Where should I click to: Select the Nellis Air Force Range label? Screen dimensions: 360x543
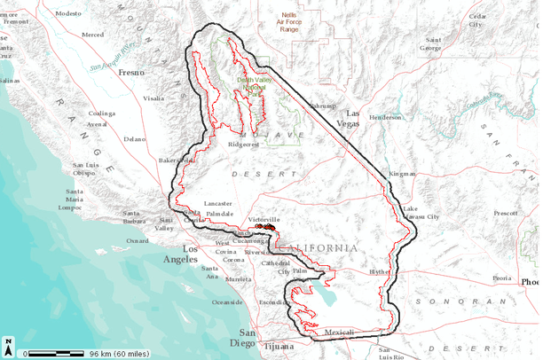(x=289, y=21)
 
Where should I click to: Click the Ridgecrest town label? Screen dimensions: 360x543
(x=244, y=143)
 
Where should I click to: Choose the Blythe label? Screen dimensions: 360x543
(x=379, y=271)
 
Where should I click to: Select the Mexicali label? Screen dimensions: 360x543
(x=339, y=333)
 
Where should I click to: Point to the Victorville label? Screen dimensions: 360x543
(x=264, y=218)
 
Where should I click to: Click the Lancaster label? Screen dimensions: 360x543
(x=217, y=202)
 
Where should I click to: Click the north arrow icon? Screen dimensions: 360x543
(x=8, y=348)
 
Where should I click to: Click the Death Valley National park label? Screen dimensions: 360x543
(x=251, y=83)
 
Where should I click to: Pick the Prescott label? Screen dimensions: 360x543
(x=505, y=214)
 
